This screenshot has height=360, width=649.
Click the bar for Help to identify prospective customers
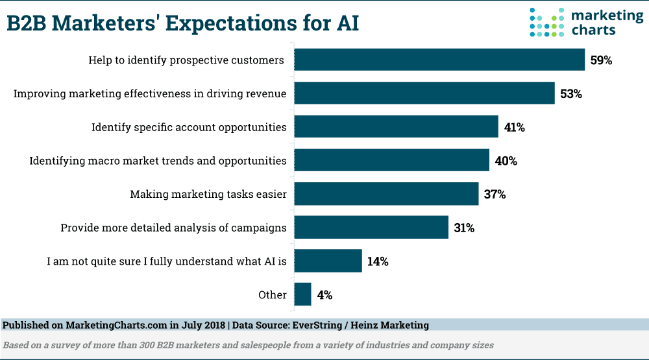[x=439, y=60]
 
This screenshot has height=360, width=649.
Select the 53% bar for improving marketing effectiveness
[x=424, y=93]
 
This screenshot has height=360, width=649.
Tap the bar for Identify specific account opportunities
[x=396, y=127]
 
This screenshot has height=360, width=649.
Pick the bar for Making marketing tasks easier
[x=386, y=194]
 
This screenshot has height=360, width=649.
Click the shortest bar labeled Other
[x=302, y=294]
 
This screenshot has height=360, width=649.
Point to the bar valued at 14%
[x=328, y=261]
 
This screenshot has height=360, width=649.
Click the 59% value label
[x=601, y=60]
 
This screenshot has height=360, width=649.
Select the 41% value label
[x=514, y=128]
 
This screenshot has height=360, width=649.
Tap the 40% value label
[x=506, y=161]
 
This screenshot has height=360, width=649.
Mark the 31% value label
[x=464, y=228]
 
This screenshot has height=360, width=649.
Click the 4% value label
[x=324, y=295]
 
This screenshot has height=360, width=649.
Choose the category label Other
[x=272, y=295]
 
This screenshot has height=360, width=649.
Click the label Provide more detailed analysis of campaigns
[x=173, y=228]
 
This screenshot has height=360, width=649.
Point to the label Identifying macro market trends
[x=158, y=161]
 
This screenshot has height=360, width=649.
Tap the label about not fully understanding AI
[x=166, y=261]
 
